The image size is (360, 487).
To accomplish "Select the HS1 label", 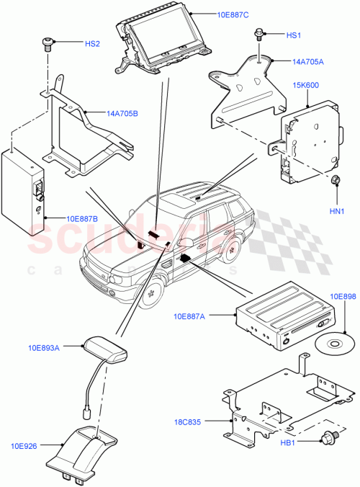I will click(294, 35).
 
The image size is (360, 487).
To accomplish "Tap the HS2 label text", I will click(92, 44).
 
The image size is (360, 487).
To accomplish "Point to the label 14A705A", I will click(308, 62).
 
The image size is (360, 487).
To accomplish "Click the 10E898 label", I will click(343, 296).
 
